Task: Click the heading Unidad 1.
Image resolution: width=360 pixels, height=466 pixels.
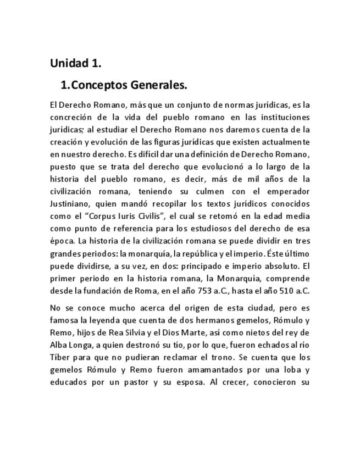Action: pyautogui.click(x=76, y=63)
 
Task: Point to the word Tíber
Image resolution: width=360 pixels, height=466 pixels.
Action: pyautogui.click(x=59, y=358)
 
